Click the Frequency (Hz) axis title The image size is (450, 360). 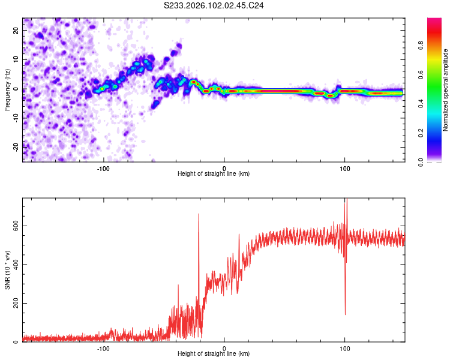point(8,89)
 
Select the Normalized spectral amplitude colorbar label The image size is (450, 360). point(446,90)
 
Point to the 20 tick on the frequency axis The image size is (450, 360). point(16,30)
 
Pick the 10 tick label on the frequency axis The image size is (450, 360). point(16,59)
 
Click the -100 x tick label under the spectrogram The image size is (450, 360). point(103,167)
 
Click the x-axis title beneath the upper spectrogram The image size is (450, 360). point(214,174)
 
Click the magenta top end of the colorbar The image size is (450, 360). point(434,20)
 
